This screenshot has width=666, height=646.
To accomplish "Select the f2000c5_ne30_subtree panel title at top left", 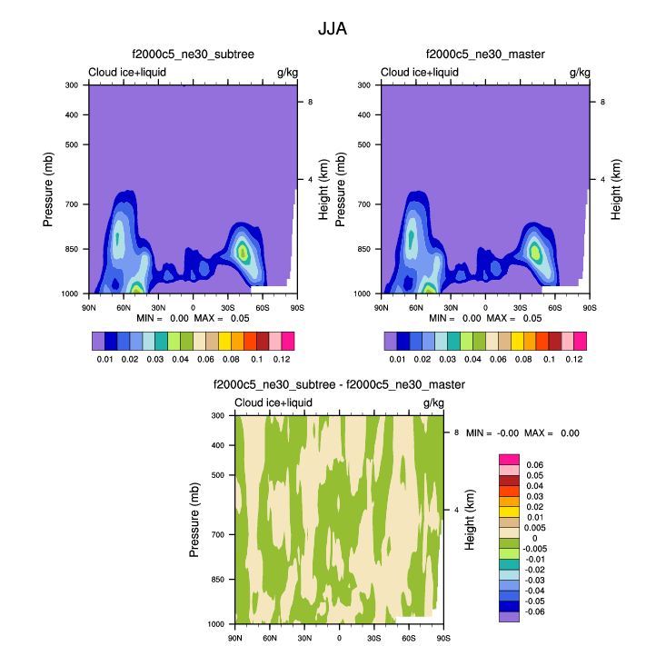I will pyautogui.click(x=194, y=55).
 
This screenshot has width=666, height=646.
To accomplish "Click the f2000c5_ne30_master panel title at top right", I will pyautogui.click(x=485, y=55).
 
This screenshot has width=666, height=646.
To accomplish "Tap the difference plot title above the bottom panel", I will pyautogui.click(x=339, y=384).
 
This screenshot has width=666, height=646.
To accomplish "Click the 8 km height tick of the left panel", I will pyautogui.click(x=310, y=102).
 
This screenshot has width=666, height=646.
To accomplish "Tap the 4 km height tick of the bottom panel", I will pyautogui.click(x=456, y=511).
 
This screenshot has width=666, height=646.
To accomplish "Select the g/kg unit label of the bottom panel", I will pyautogui.click(x=432, y=403).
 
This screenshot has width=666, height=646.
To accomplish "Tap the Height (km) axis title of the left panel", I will pyautogui.click(x=324, y=189).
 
